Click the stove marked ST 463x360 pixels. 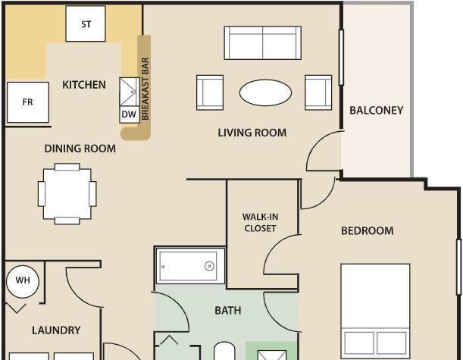pos(86,23)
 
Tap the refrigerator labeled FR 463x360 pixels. pos(28,102)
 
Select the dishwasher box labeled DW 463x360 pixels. pos(130,114)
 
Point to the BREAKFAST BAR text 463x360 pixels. pos(145,89)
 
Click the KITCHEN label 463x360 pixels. pos(84,85)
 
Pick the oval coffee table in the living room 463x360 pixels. pos(265,92)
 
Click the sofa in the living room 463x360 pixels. pos(262,43)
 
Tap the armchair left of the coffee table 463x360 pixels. pos(210,92)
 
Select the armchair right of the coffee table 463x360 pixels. pos(318,92)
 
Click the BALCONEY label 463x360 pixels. pos(376,111)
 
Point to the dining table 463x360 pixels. pos(67,194)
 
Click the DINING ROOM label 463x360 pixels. pos(80,149)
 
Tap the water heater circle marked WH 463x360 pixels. pos(23,281)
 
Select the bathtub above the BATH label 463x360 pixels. pos(190,266)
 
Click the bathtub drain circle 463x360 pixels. pos(209,266)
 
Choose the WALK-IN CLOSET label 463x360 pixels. pos(260,223)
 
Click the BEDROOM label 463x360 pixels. pos(367,230)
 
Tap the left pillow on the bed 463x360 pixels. pos(359,343)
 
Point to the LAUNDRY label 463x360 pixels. pos(56,330)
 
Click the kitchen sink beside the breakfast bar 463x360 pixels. pos(130,92)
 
